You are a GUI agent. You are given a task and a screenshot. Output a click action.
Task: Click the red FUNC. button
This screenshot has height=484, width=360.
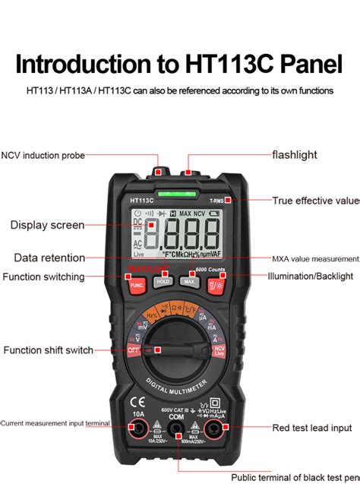point(137,284)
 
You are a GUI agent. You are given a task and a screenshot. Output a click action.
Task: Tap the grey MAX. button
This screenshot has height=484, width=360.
point(190,282)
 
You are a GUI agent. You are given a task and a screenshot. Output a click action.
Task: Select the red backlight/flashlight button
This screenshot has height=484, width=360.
point(215,285)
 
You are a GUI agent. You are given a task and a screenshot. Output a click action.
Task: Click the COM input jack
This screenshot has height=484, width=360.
point(176,431)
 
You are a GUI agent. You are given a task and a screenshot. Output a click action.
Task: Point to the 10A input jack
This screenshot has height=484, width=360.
point(139,431)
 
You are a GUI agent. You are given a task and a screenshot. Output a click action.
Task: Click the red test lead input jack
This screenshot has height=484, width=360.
point(213,431)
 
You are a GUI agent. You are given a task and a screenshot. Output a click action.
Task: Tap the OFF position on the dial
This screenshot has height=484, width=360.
point(134,350)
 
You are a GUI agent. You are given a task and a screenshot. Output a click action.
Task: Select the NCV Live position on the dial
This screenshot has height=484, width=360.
point(219,350)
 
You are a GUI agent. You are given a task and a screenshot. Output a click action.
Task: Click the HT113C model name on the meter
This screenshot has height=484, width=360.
point(141,201)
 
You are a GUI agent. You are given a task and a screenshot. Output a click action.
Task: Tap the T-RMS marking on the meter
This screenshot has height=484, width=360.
point(216,201)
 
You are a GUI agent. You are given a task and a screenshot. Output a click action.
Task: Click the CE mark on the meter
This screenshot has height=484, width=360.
point(138,403)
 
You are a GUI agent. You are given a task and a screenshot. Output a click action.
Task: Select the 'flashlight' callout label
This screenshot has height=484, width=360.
point(295,155)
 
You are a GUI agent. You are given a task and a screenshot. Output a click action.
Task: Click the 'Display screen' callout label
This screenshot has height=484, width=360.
point(47,225)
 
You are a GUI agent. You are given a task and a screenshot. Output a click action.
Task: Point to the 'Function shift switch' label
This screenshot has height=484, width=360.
point(48,350)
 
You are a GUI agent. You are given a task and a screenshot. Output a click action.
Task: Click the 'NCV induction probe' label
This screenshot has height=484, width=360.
point(43,155)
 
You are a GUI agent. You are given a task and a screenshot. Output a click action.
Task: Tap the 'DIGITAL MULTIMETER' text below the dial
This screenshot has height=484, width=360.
point(176,387)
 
